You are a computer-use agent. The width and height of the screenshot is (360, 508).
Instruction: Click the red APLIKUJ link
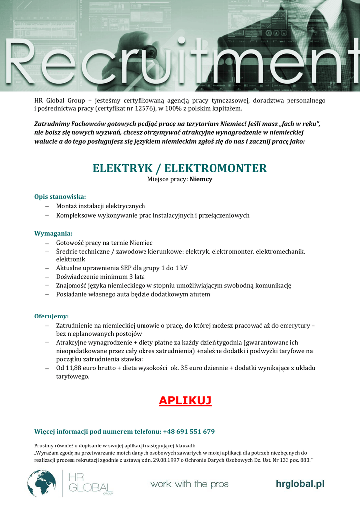(185, 400)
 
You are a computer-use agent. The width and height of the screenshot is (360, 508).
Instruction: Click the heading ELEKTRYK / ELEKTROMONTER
(180, 168)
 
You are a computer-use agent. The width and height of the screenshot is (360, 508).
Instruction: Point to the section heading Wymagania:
(53, 233)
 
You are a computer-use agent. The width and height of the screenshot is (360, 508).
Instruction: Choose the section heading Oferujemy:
(51, 316)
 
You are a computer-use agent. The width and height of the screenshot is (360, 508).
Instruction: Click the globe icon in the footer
(41, 483)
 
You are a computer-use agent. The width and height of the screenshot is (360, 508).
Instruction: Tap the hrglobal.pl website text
(300, 484)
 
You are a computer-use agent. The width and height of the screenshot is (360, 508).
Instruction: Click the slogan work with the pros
(190, 484)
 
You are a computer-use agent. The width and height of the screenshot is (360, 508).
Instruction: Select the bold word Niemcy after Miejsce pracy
(201, 179)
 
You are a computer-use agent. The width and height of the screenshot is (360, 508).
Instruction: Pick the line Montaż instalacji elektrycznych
(100, 206)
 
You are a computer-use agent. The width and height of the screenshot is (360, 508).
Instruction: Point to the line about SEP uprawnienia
(122, 268)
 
